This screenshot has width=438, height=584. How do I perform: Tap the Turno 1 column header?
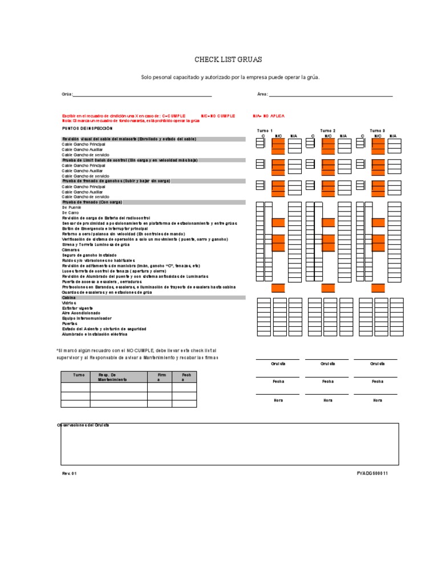tap(265, 131)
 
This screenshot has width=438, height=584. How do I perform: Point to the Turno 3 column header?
tap(378, 131)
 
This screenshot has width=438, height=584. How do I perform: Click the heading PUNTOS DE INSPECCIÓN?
tap(84, 128)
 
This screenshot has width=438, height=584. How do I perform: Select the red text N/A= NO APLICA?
tap(269, 116)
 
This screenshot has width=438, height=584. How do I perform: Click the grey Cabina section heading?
tap(68, 298)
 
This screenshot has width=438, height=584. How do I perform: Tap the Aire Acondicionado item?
tap(81, 313)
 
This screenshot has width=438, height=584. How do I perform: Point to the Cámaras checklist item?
tap(70, 250)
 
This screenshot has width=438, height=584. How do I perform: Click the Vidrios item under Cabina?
tap(68, 303)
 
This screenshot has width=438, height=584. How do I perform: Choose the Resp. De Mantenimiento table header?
tap(112, 377)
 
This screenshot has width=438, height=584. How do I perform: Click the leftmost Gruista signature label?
tap(278, 364)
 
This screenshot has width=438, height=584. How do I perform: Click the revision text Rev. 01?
tap(69, 473)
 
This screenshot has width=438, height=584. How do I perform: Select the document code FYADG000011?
tap(372, 473)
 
